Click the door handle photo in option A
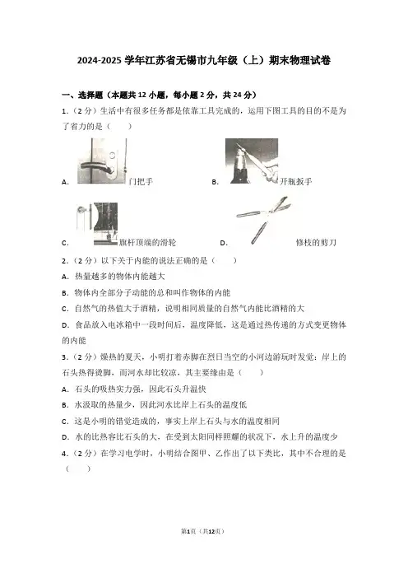[x=102, y=161]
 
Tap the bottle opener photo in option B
[x=252, y=161]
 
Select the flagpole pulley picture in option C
[x=97, y=224]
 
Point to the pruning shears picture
[x=264, y=220]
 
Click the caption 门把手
[x=141, y=181]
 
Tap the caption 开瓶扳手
[x=296, y=181]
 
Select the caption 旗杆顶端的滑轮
[x=147, y=242]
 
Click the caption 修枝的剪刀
[x=316, y=242]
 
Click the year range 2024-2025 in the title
[x=99, y=60]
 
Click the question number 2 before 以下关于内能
[x=64, y=261]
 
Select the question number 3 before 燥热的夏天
[x=64, y=357]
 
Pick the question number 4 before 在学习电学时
[x=64, y=454]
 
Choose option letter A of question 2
[x=65, y=277]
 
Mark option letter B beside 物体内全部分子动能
[x=65, y=293]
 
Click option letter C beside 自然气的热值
[x=65, y=309]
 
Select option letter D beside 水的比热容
[x=65, y=437]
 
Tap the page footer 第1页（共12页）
[x=202, y=531]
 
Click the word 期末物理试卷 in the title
[x=299, y=60]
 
